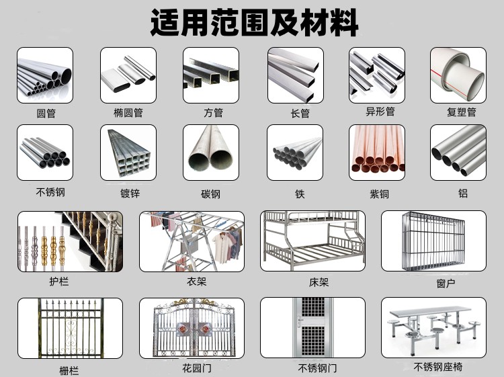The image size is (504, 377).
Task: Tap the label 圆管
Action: tap(46, 113)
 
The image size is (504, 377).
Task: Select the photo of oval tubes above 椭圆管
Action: tap(128, 75)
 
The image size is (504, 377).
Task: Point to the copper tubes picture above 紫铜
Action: tap(376, 152)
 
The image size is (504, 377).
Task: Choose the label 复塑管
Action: tap(461, 112)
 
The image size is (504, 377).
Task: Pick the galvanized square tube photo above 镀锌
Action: tap(128, 152)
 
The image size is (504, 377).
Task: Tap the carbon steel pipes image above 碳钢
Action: tap(210, 152)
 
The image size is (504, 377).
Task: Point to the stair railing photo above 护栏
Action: tap(70, 241)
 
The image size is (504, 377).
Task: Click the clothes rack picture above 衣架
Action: tap(192, 241)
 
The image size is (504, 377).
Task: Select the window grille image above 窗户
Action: tap(433, 241)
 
